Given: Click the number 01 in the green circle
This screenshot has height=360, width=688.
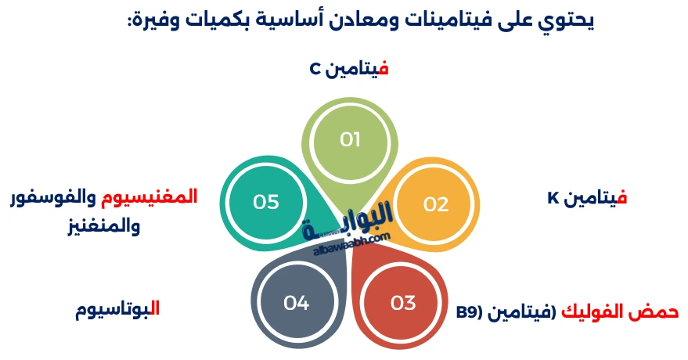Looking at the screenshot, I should (x=350, y=140).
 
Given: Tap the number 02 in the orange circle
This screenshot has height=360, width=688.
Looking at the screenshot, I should (x=436, y=204).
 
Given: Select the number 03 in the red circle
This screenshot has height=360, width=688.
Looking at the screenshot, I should (x=402, y=303).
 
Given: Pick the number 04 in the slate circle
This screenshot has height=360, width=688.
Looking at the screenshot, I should (x=297, y=303).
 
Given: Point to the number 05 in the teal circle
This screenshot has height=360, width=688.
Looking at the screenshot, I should (x=266, y=202).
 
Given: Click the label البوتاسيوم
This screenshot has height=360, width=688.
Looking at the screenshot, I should (x=117, y=308).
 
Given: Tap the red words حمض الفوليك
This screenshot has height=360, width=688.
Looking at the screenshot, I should (x=619, y=311).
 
